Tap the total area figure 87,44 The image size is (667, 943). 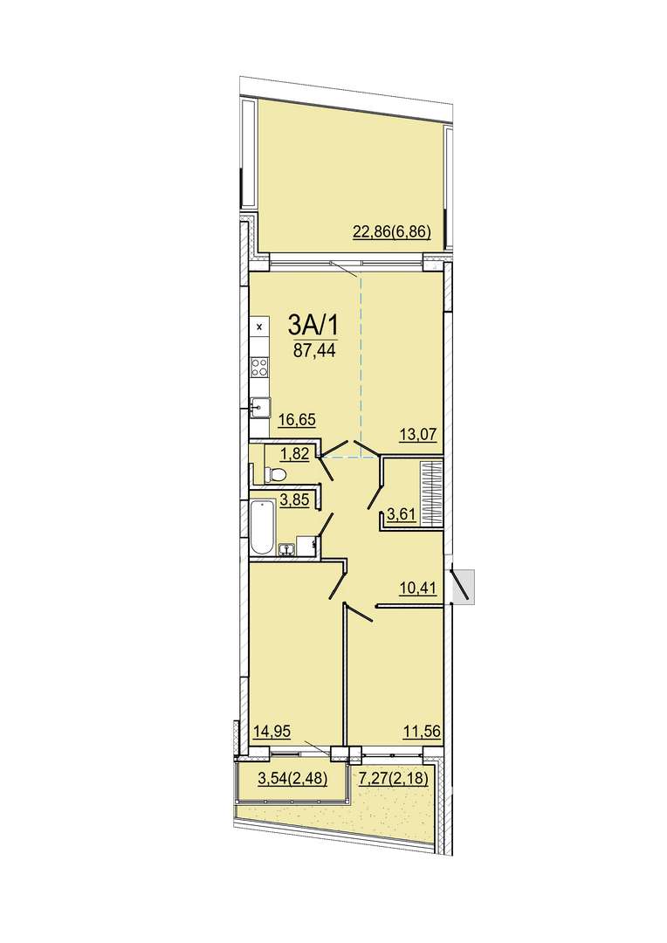click(314, 351)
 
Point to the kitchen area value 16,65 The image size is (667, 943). click(297, 419)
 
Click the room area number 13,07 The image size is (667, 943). click(417, 433)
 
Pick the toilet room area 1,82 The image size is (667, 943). click(295, 453)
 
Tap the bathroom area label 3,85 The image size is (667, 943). click(295, 499)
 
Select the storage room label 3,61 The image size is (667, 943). click(402, 514)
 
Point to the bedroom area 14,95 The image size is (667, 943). click(272, 732)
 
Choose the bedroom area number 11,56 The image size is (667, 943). click(423, 732)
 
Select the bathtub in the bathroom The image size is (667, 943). click(262, 527)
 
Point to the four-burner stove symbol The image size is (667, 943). click(260, 366)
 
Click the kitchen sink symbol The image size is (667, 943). click(260, 409)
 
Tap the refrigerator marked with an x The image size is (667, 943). click(260, 327)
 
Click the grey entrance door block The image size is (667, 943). click(464, 587)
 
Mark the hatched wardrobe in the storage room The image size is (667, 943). click(431, 492)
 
